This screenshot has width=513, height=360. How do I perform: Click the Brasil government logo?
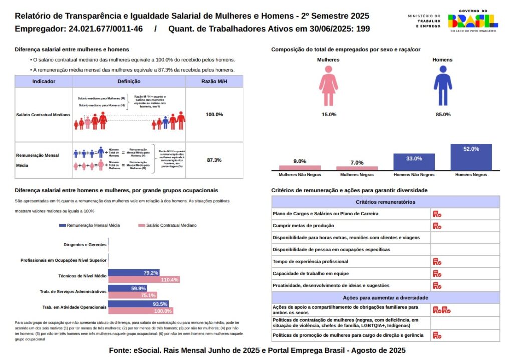click(472, 21)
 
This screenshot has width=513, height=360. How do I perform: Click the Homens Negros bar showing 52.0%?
click(471, 157)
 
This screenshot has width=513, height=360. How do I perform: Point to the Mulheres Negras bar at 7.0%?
click(357, 168)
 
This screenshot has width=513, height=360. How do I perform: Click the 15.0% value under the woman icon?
click(329, 115)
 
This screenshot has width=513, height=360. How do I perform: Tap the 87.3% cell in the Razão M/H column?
click(214, 160)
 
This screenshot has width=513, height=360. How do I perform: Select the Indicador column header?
click(44, 81)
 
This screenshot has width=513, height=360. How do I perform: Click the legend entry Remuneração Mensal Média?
click(90, 225)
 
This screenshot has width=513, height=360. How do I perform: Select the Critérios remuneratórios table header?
click(385, 202)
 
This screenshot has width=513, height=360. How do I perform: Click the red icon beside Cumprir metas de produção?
click(437, 226)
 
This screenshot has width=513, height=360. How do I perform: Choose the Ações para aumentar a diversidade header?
click(385, 298)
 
